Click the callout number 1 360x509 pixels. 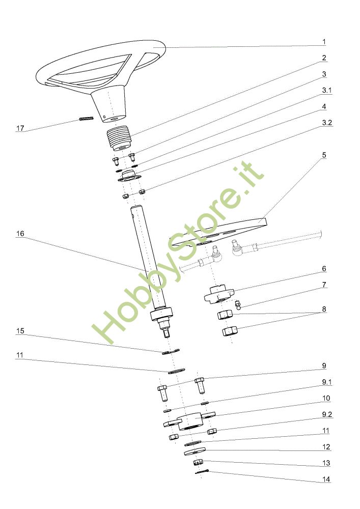tap(324, 42)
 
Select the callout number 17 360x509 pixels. tap(20, 128)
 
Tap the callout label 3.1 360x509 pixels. tap(326, 91)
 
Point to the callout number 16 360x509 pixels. tap(20, 234)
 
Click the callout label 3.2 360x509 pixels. tap(326, 123)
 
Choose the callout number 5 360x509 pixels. tap(324, 155)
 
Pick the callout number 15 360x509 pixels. tap(20, 331)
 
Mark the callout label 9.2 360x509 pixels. tap(326, 414)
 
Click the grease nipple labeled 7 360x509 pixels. tap(238, 305)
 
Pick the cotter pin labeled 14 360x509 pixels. tap(202, 473)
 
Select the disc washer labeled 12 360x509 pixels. tap(194, 450)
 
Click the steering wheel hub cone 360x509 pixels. tap(108, 102)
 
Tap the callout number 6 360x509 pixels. tap(324, 269)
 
